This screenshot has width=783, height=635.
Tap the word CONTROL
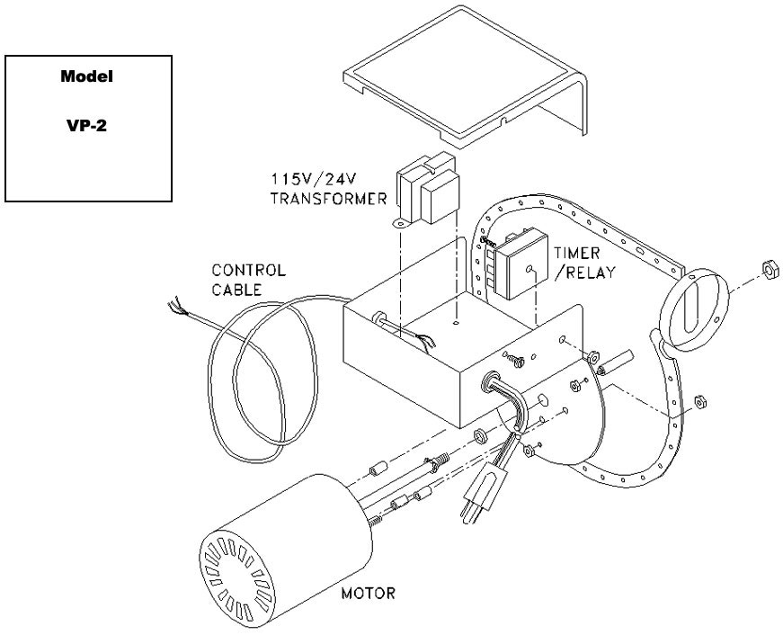point(248,269)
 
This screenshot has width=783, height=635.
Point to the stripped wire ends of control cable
point(174,310)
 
